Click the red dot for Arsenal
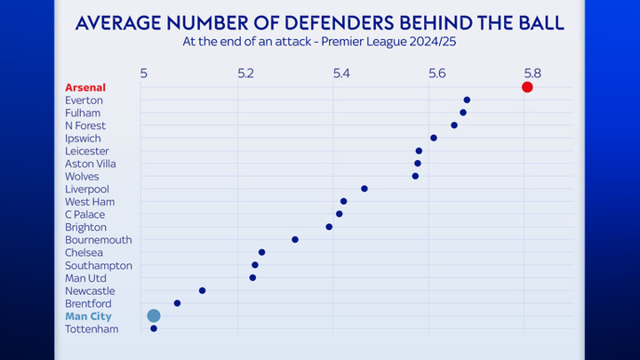coord(527,87)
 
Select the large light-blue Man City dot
coord(154,316)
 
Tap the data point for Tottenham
coord(154,329)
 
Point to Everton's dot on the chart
coord(467,100)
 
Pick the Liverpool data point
coord(364,188)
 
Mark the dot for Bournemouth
coord(295,240)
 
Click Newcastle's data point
coord(202,291)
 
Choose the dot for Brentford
coord(177,303)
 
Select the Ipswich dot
coord(434,138)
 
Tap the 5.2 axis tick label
coord(245,74)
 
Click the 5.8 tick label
coord(532,74)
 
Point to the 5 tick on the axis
coord(144,74)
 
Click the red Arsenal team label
coord(85,87)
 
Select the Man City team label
coord(88,316)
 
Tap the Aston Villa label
coord(90,164)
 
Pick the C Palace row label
coord(85,214)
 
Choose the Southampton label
coord(99,265)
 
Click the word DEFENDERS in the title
coord(340,23)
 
